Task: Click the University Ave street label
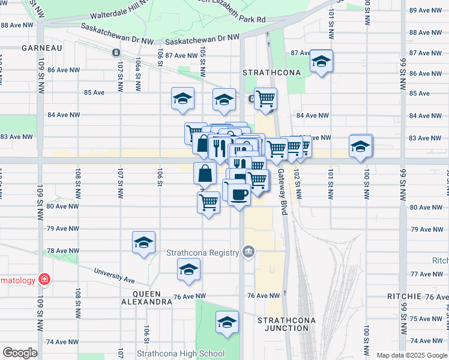coord(114,274)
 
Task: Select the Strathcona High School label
coord(180,353)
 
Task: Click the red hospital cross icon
coord(43,279)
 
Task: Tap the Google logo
coord(20,353)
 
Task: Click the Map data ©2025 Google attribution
coord(411,355)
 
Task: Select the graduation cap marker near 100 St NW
coord(360,146)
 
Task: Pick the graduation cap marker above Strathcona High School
coord(227,322)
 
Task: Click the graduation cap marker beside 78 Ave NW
coord(143,242)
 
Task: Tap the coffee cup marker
coord(239,195)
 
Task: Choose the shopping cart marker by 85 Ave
coord(265,98)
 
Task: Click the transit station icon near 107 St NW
coord(115,52)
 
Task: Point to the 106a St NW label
coord(138,70)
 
